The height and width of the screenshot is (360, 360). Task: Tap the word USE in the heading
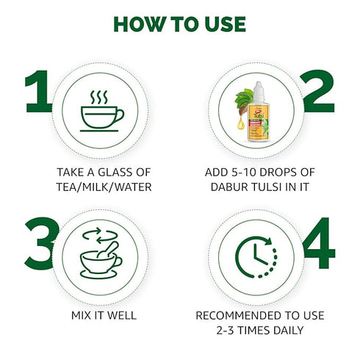coord(226,24)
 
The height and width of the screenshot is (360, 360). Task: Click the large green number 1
coord(39,91)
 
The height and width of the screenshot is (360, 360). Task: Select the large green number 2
coord(317,91)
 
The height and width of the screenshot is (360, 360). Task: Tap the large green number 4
coord(319,242)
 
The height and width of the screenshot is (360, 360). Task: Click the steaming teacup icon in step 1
coord(102,111)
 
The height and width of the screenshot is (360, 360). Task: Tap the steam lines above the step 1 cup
coord(99,97)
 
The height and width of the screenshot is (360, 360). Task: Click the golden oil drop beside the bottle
coord(241,123)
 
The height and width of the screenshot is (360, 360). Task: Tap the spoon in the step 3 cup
coord(108,250)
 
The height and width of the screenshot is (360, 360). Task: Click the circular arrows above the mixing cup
coord(100,236)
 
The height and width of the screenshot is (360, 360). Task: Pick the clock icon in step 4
coord(256,257)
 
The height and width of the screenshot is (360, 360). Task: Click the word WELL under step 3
coord(122,315)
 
